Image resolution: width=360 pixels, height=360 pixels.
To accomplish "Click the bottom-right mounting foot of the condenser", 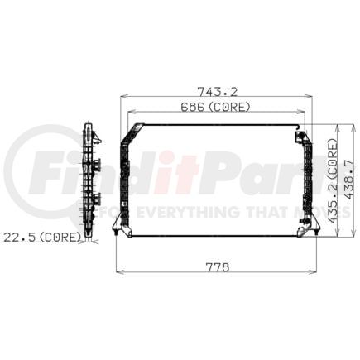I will point(314,235).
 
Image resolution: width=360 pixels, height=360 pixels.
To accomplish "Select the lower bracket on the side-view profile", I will point(95,199).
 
